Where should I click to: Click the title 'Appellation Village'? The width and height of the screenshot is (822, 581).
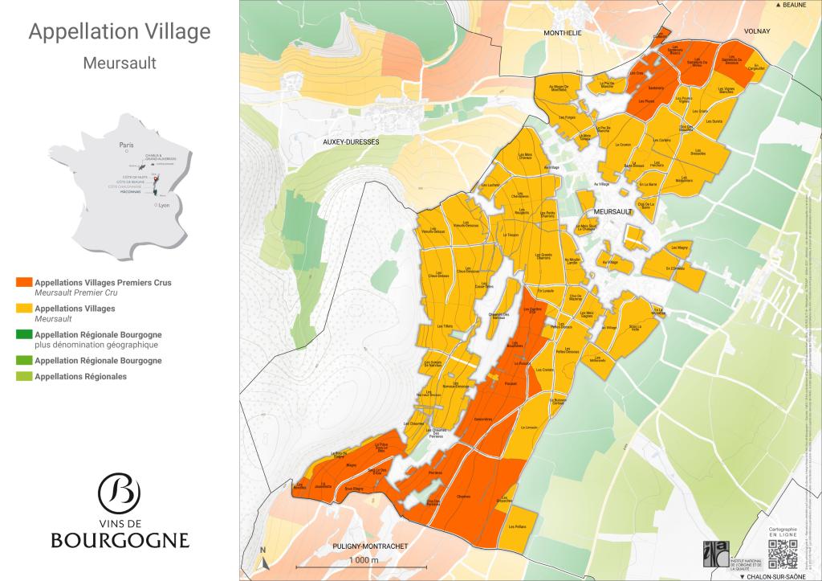(120, 32)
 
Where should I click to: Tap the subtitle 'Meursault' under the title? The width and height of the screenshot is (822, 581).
(120, 63)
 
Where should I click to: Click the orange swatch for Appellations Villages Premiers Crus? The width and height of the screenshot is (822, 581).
(23, 283)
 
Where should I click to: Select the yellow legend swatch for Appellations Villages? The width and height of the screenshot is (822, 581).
(23, 309)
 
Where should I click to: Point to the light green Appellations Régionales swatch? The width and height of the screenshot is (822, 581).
(23, 376)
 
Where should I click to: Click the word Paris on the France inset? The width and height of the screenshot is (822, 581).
(125, 145)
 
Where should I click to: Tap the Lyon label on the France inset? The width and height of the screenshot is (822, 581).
(165, 206)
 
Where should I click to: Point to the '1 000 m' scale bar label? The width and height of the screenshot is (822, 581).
(364, 560)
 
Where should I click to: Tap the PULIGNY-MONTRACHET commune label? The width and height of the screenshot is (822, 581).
(371, 546)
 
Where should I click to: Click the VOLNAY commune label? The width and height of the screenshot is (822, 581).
(757, 31)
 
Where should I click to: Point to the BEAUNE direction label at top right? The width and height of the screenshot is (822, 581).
(794, 6)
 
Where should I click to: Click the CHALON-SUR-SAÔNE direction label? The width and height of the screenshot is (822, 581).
(778, 575)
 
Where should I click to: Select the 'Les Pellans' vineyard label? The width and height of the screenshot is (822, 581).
(517, 526)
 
